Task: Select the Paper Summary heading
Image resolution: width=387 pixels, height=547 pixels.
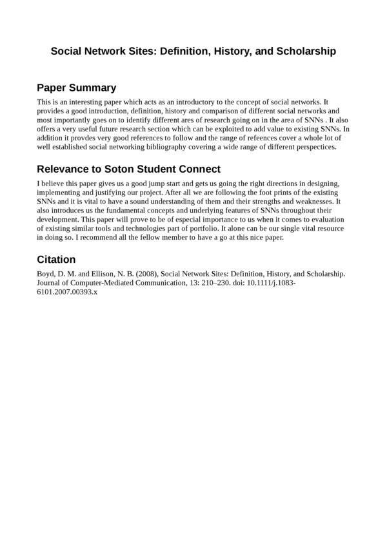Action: pyautogui.click(x=76, y=88)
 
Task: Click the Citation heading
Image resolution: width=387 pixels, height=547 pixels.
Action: pyautogui.click(x=56, y=260)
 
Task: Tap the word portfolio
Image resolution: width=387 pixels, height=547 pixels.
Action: pyautogui.click(x=199, y=229)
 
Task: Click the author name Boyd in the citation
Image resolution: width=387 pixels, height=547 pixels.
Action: pyautogui.click(x=46, y=273)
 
